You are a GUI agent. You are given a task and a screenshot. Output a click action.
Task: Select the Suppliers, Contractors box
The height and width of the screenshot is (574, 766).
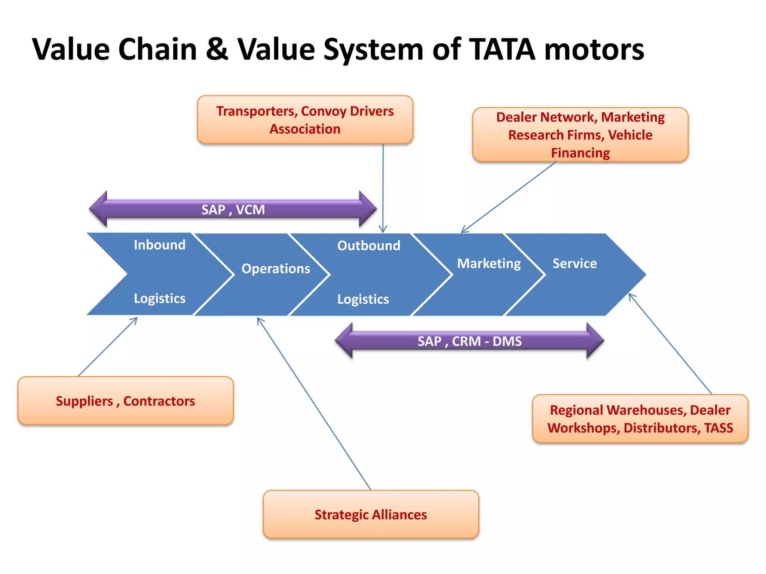point(125,401)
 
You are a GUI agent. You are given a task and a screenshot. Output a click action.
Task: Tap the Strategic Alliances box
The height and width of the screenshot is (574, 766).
point(370,514)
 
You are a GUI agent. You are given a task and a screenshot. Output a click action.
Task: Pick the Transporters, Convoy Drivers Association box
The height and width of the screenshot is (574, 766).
point(305,120)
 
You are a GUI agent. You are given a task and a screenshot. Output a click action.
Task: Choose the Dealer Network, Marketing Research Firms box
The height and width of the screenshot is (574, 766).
point(580,135)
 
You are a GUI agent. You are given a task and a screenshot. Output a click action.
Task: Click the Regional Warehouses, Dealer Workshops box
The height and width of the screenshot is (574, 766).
point(640,419)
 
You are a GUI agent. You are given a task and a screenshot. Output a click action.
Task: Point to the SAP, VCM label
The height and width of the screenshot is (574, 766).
point(233,210)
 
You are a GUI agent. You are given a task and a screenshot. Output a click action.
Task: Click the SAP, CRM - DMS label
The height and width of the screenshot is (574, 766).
point(469,341)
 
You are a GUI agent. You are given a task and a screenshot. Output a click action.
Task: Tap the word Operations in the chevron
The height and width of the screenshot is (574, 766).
point(276,268)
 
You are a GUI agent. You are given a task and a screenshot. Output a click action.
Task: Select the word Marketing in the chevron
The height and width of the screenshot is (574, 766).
point(488,263)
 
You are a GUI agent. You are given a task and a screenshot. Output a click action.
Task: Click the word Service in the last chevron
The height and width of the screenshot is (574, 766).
point(574,263)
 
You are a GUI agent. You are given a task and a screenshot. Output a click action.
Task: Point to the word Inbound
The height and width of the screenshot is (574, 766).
point(160,245)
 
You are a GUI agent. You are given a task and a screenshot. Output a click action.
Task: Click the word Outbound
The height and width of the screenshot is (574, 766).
point(369,246)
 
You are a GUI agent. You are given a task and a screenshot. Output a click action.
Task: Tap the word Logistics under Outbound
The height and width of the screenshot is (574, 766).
point(363,299)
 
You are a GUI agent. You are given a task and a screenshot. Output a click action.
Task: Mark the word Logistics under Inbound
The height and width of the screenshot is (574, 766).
point(160,298)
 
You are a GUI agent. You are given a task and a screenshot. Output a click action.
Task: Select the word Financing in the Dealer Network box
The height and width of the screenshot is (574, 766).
point(580,152)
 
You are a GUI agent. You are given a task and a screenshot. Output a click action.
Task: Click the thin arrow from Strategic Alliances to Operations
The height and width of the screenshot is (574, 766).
point(314,404)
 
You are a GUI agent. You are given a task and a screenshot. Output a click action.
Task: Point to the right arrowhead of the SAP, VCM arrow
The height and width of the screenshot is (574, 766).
point(367,209)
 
